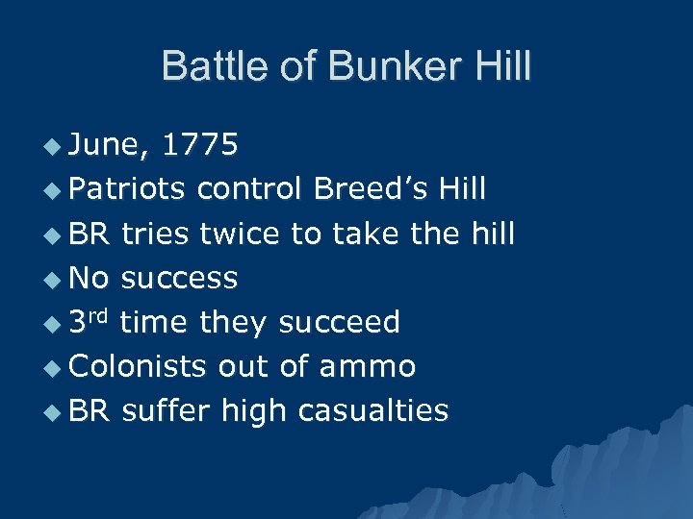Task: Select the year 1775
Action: point(200,145)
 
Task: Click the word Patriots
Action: point(127,189)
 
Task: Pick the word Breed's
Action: point(368,189)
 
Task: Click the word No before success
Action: point(90,278)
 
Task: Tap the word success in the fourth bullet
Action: point(180,278)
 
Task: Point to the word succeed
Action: point(339,322)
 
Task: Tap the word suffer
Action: point(167,410)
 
